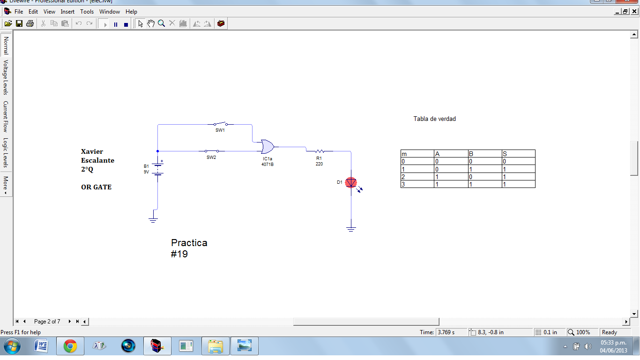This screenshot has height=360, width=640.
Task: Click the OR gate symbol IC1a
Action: pos(268,147)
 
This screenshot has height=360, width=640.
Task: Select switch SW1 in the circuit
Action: pos(220,124)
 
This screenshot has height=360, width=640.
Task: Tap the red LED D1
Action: pos(351,182)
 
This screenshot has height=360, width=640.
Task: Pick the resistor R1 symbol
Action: pos(320,151)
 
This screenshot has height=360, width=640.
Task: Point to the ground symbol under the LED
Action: pos(351,229)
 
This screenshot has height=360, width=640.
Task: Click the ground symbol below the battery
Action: pos(153,219)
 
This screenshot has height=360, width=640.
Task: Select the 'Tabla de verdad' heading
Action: pos(434,119)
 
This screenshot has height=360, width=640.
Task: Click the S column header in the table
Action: pos(505,154)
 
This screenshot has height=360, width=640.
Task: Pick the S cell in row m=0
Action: pos(505,161)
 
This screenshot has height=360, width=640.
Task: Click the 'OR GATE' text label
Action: pos(96,187)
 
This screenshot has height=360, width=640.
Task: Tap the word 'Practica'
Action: pos(189,243)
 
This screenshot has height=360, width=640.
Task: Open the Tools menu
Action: pos(87,11)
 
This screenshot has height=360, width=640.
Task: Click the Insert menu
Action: pos(67,11)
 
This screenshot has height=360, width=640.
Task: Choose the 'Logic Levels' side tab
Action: pos(6,152)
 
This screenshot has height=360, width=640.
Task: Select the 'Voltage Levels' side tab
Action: pos(6,77)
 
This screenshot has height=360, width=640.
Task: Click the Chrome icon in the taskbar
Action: pos(70,346)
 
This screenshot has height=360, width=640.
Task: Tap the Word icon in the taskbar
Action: pos(41,346)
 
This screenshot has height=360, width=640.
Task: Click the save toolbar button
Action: pos(19,23)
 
